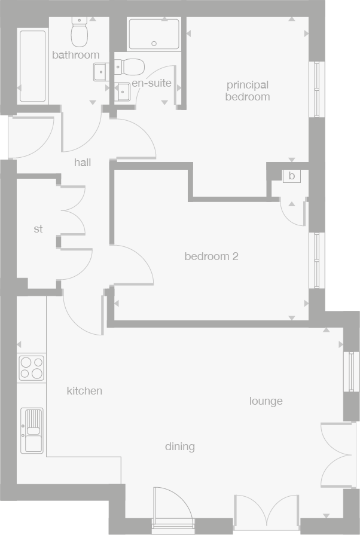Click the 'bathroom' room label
[75, 55]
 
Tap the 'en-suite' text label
[151, 83]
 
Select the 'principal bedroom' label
[247, 91]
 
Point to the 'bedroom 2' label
[211, 256]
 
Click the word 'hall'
[83, 162]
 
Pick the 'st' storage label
[38, 229]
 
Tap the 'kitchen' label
[84, 391]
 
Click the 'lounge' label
[266, 401]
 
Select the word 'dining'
[180, 447]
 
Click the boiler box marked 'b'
[292, 176]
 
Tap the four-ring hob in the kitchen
[31, 368]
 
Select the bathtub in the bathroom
[33, 66]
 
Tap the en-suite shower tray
[154, 33]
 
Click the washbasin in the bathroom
[100, 72]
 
